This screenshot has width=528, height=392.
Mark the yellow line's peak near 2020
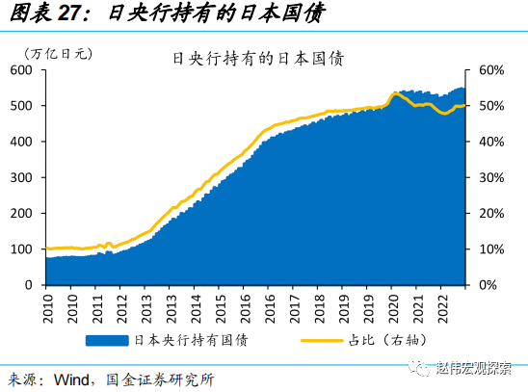point(394,93)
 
